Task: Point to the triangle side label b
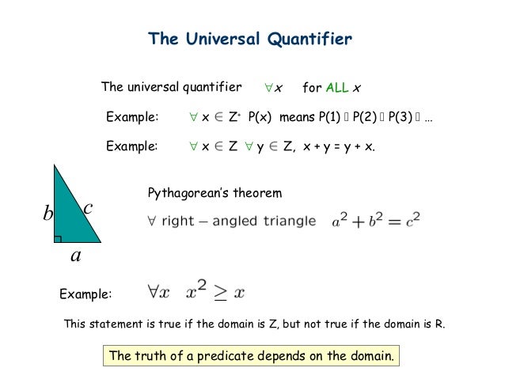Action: point(47,214)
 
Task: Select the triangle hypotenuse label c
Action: point(88,208)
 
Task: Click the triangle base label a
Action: point(75,257)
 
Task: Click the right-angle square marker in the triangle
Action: point(58,237)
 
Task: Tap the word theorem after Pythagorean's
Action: point(257,193)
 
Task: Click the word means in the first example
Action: point(297,118)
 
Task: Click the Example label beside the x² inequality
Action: point(86,294)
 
